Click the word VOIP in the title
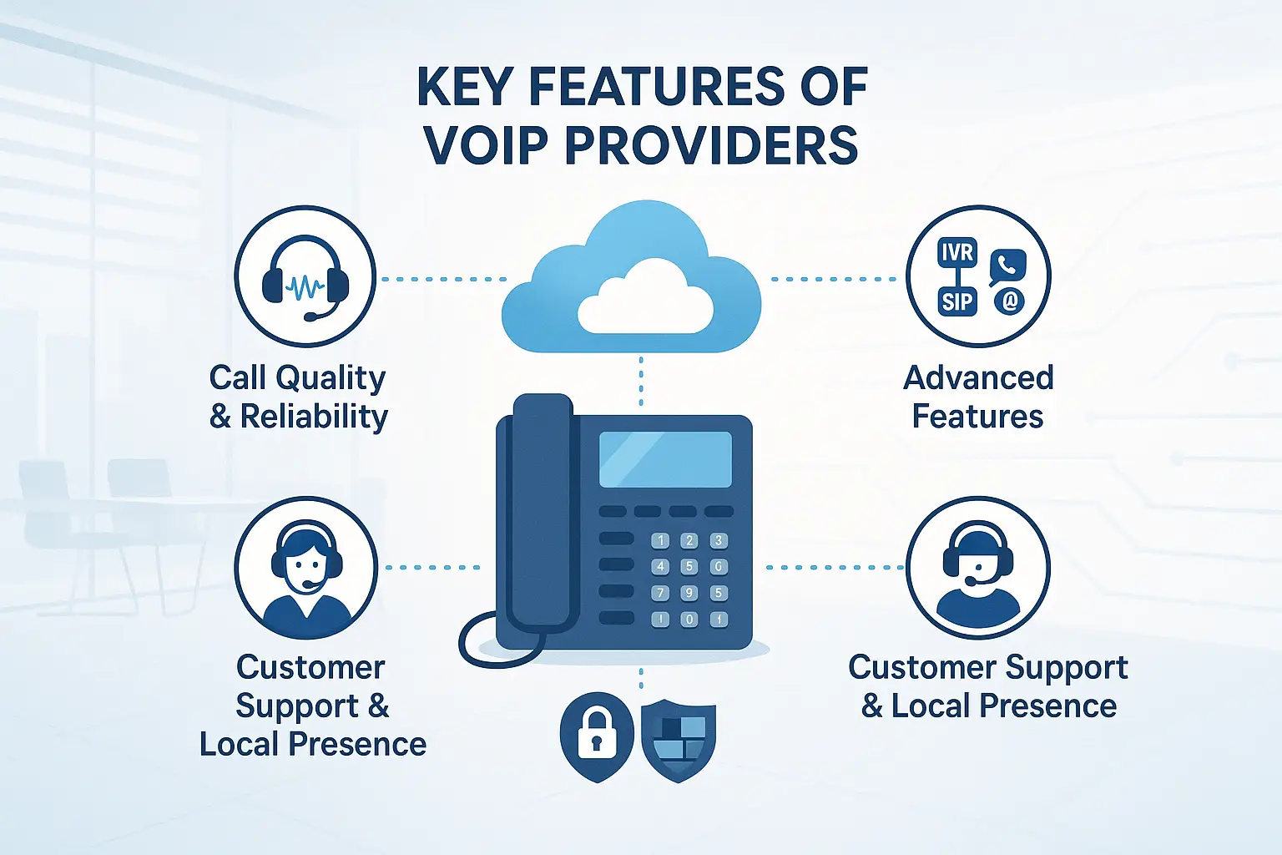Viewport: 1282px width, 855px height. tap(485, 144)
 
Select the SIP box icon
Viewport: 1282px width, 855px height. tap(956, 301)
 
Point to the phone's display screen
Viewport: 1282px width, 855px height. tap(665, 459)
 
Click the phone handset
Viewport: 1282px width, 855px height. tap(543, 509)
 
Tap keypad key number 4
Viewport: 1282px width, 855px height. tap(660, 567)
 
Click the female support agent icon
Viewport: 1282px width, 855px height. tap(306, 568)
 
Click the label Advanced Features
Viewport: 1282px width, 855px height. tap(978, 397)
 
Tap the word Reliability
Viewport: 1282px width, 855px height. tap(314, 416)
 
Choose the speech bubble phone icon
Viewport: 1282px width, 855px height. tap(1007, 266)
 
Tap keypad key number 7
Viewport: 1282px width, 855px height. tap(660, 593)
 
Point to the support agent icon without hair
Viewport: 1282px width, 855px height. tap(977, 568)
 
